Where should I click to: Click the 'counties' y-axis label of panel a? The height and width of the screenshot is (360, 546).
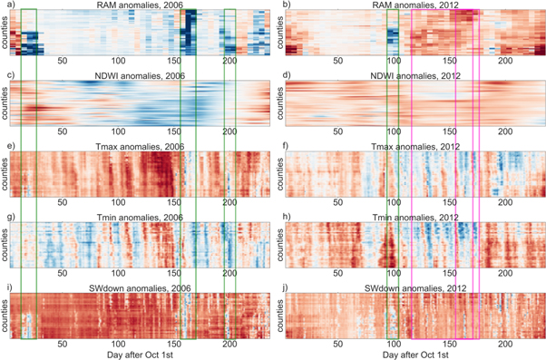pos(7,34)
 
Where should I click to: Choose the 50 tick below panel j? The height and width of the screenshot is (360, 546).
pos(340,344)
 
